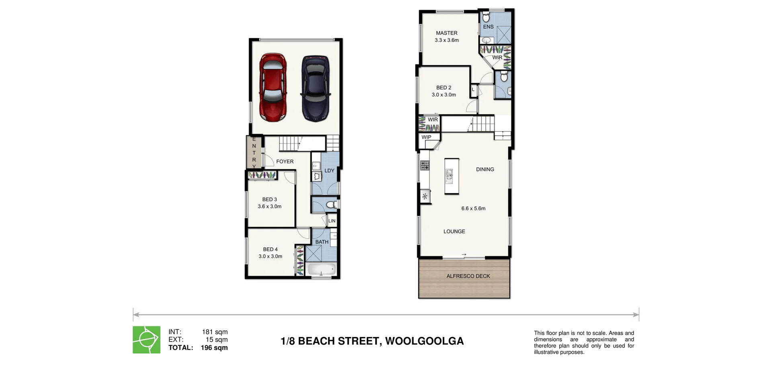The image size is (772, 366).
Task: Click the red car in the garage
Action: [273, 88]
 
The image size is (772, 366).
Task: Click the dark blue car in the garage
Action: [316, 88]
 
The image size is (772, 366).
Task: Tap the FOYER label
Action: [285, 161]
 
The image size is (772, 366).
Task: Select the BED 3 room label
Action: [269, 199]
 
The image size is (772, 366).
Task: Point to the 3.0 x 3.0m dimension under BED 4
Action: [270, 256]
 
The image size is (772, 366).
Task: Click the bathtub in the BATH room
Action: [320, 269]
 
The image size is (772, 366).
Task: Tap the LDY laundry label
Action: [329, 171]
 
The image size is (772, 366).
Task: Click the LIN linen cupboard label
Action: [332, 221]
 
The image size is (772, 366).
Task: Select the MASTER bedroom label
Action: [447, 33]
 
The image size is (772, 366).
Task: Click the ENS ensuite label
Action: [488, 27]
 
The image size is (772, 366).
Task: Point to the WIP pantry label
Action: [426, 137]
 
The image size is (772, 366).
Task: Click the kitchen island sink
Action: [450, 175]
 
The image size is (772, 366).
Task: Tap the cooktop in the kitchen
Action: [425, 165]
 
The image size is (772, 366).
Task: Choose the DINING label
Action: [485, 169]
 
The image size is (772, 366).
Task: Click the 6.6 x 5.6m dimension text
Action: [473, 208]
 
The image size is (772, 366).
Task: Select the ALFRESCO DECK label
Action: [468, 276]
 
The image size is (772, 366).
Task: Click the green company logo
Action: [147, 340]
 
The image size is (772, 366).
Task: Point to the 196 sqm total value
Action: [214, 347]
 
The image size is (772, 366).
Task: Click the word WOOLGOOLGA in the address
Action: [424, 341]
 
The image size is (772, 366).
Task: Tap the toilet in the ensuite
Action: [486, 18]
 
